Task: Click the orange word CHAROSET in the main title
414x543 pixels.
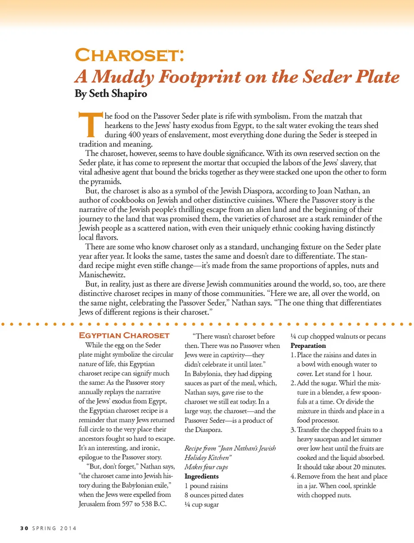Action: coord(129,56)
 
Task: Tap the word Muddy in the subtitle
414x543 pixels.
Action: coord(122,77)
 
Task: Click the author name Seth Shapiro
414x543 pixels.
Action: coord(118,94)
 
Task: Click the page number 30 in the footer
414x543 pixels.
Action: coord(24,528)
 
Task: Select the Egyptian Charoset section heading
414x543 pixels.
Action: coord(124,335)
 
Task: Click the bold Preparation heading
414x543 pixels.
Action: coord(308,346)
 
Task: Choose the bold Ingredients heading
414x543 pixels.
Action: coord(201,476)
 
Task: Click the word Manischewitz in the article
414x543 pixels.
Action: coord(102,275)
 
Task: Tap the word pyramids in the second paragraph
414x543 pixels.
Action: coord(106,181)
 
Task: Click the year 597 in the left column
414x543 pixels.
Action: coord(128,504)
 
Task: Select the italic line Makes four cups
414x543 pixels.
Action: coord(206,467)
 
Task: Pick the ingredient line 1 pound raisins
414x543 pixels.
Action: coord(206,486)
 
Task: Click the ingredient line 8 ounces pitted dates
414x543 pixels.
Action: coord(214,495)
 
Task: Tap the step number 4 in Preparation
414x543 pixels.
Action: coord(293,476)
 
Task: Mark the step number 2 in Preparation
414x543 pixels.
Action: coord(293,383)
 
